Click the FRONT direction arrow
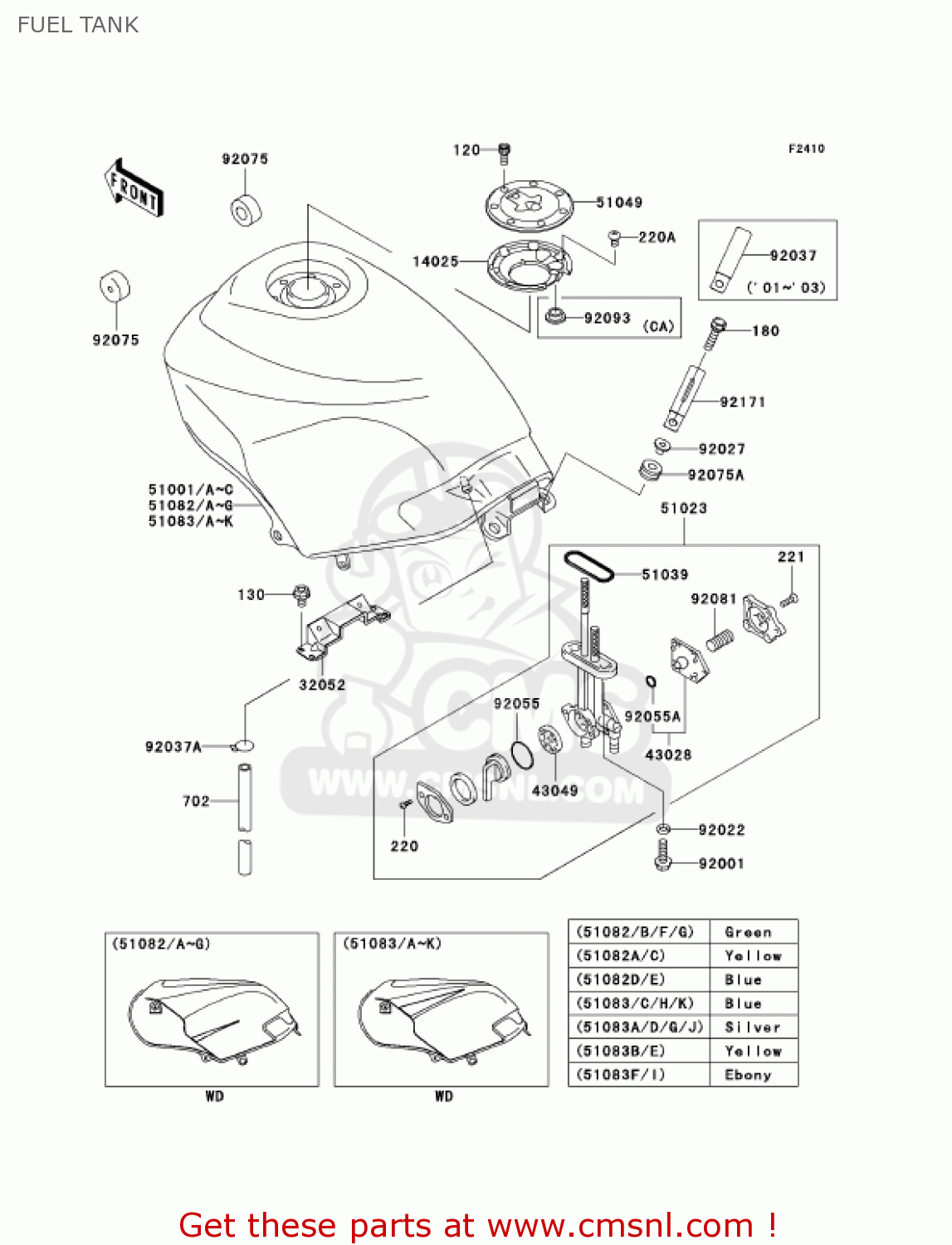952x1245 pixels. tap(134, 188)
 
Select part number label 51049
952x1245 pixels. tap(619, 202)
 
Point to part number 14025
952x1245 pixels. tap(436, 261)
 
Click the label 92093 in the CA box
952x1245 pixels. tap(607, 318)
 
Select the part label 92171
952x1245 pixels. tap(743, 402)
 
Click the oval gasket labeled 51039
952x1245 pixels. tap(588, 566)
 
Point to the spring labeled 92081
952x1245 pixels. tap(720, 639)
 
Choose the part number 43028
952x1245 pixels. tap(668, 754)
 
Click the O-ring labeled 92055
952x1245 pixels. tap(521, 754)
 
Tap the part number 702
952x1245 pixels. tap(196, 801)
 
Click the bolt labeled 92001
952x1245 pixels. tap(662, 856)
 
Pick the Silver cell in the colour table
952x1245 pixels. tap(753, 1027)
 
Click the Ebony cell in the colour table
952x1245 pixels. tap(749, 1075)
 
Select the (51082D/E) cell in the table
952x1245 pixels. tap(621, 979)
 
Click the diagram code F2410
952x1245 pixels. tap(806, 149)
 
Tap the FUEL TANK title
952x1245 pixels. tap(78, 25)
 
